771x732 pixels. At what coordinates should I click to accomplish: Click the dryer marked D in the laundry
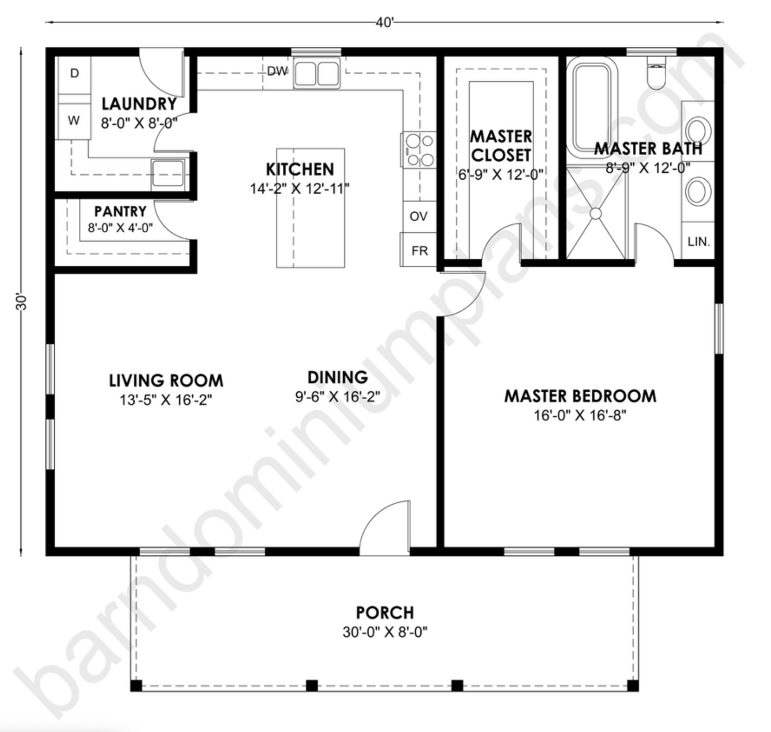pos(74,74)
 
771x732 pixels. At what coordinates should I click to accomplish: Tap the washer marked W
pos(74,121)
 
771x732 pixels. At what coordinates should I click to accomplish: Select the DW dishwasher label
pos(277,71)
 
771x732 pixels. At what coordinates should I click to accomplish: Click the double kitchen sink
pos(317,74)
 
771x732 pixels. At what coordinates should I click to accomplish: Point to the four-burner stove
pos(419,150)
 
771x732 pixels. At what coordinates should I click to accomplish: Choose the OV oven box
pos(418,216)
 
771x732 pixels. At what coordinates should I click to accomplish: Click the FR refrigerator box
pos(419,250)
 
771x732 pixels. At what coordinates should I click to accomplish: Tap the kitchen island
pos(310,208)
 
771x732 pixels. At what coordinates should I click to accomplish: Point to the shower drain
pos(595,213)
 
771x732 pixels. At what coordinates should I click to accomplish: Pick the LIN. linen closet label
pos(698,242)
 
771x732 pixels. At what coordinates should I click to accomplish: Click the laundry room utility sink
pos(168,173)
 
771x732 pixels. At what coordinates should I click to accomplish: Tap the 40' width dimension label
pos(384,23)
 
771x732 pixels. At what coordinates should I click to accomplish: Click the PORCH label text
pos(385,612)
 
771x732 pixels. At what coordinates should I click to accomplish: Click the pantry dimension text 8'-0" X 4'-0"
pos(120,228)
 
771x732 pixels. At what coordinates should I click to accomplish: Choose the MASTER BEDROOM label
pos(580,396)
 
